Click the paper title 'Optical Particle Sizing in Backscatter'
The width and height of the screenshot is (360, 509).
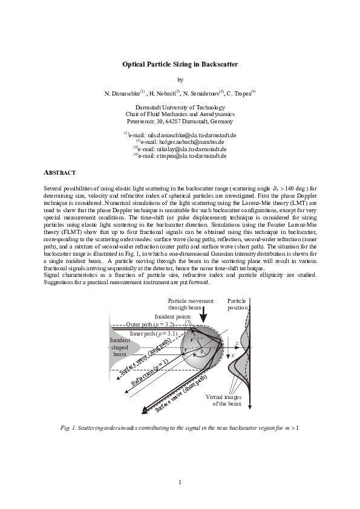[x=180, y=63]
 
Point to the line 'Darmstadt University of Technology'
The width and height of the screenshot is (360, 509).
[x=180, y=107]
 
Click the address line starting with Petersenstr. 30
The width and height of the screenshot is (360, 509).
[x=180, y=121]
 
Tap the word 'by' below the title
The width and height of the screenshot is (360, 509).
[x=180, y=79]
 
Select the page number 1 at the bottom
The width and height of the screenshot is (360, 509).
[x=180, y=481]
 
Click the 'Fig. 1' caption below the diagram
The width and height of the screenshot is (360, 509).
[x=180, y=428]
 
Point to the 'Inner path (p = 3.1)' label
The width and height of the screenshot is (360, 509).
[x=154, y=333]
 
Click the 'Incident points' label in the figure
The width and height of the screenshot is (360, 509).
[x=172, y=316]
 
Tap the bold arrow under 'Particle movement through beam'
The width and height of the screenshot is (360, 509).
[x=205, y=314]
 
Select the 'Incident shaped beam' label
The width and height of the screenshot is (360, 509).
[x=119, y=348]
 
